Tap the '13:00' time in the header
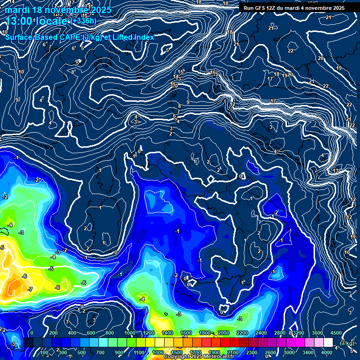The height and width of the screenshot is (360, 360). (19, 21)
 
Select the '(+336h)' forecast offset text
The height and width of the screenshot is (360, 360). (84, 21)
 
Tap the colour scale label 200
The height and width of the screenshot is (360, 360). (53, 333)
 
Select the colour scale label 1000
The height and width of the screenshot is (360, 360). (129, 333)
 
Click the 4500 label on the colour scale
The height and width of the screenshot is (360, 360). (336, 333)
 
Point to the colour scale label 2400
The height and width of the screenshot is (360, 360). (261, 333)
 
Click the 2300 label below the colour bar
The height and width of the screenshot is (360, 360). (251, 352)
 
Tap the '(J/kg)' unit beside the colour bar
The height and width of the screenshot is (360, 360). (347, 343)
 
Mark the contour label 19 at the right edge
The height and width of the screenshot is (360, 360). (339, 68)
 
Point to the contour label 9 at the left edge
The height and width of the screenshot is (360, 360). (17, 100)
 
